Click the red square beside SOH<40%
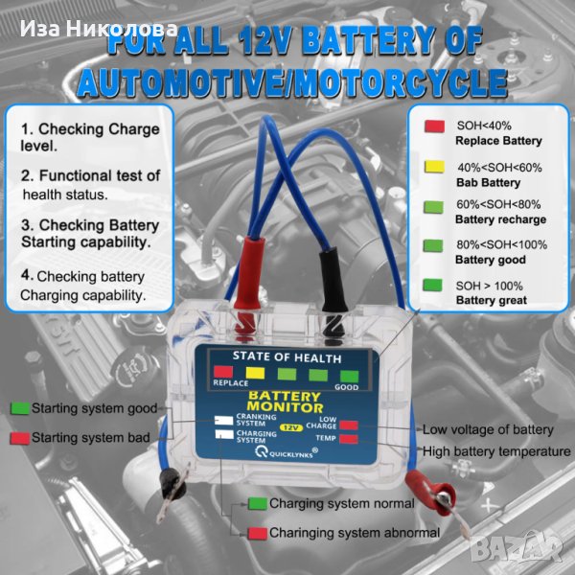click(434, 126)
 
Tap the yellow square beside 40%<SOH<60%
click(434, 167)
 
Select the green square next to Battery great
click(433, 285)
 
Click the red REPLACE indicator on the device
click(223, 372)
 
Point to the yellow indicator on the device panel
click(255, 373)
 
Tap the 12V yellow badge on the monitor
click(291, 427)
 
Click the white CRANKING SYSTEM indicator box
click(224, 421)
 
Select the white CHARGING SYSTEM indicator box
click(224, 434)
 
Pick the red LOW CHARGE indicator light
click(349, 425)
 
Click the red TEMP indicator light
click(349, 439)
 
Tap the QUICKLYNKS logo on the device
click(287, 453)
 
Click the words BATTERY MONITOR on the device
click(285, 402)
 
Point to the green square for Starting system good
click(20, 409)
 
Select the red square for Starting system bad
click(20, 438)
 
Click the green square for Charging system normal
click(257, 504)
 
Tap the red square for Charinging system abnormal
click(257, 533)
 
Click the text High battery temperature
click(496, 451)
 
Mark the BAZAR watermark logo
click(516, 548)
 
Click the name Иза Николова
click(99, 29)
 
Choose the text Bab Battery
click(488, 183)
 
